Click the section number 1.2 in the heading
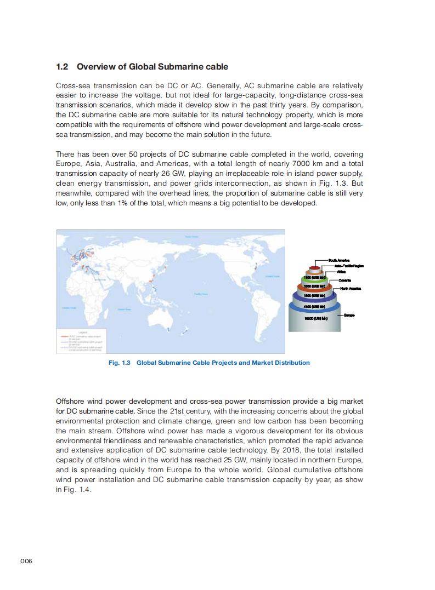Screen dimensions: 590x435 [x=62, y=67]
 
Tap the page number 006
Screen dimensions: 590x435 [x=27, y=562]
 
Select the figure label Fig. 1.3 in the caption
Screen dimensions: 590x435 [x=119, y=363]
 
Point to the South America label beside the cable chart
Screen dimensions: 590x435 [x=339, y=260]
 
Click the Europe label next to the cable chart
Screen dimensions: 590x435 [x=349, y=316]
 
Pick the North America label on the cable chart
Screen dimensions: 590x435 [x=351, y=288]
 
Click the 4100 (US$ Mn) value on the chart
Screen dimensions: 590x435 [x=315, y=306]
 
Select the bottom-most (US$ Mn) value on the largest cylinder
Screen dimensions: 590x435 [x=315, y=318]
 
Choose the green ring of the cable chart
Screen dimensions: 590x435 [x=314, y=278]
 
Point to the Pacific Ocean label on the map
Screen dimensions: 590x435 [x=200, y=294]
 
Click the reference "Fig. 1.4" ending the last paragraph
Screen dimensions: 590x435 [x=78, y=490]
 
